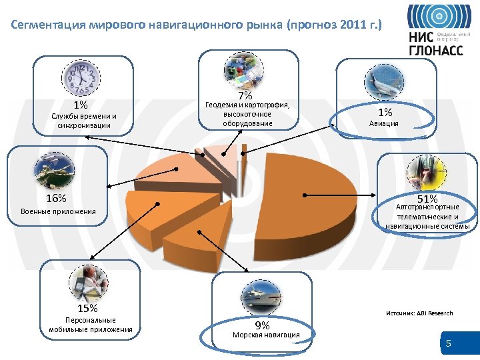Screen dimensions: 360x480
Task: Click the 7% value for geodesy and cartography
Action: pyautogui.click(x=245, y=95)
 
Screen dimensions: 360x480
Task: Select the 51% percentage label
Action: pyautogui.click(x=427, y=199)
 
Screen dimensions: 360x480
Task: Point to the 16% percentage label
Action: pyautogui.click(x=56, y=198)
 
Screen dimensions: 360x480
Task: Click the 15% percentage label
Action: pyautogui.click(x=87, y=308)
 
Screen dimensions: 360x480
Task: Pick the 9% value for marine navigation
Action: pyautogui.click(x=263, y=325)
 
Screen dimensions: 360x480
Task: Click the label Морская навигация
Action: pyautogui.click(x=265, y=335)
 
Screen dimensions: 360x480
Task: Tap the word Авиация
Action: pyautogui.click(x=385, y=123)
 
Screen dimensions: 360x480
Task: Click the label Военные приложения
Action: pyautogui.click(x=58, y=212)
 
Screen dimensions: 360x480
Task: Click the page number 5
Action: pyautogui.click(x=449, y=344)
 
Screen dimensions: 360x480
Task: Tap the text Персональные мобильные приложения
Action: pyautogui.click(x=91, y=325)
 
